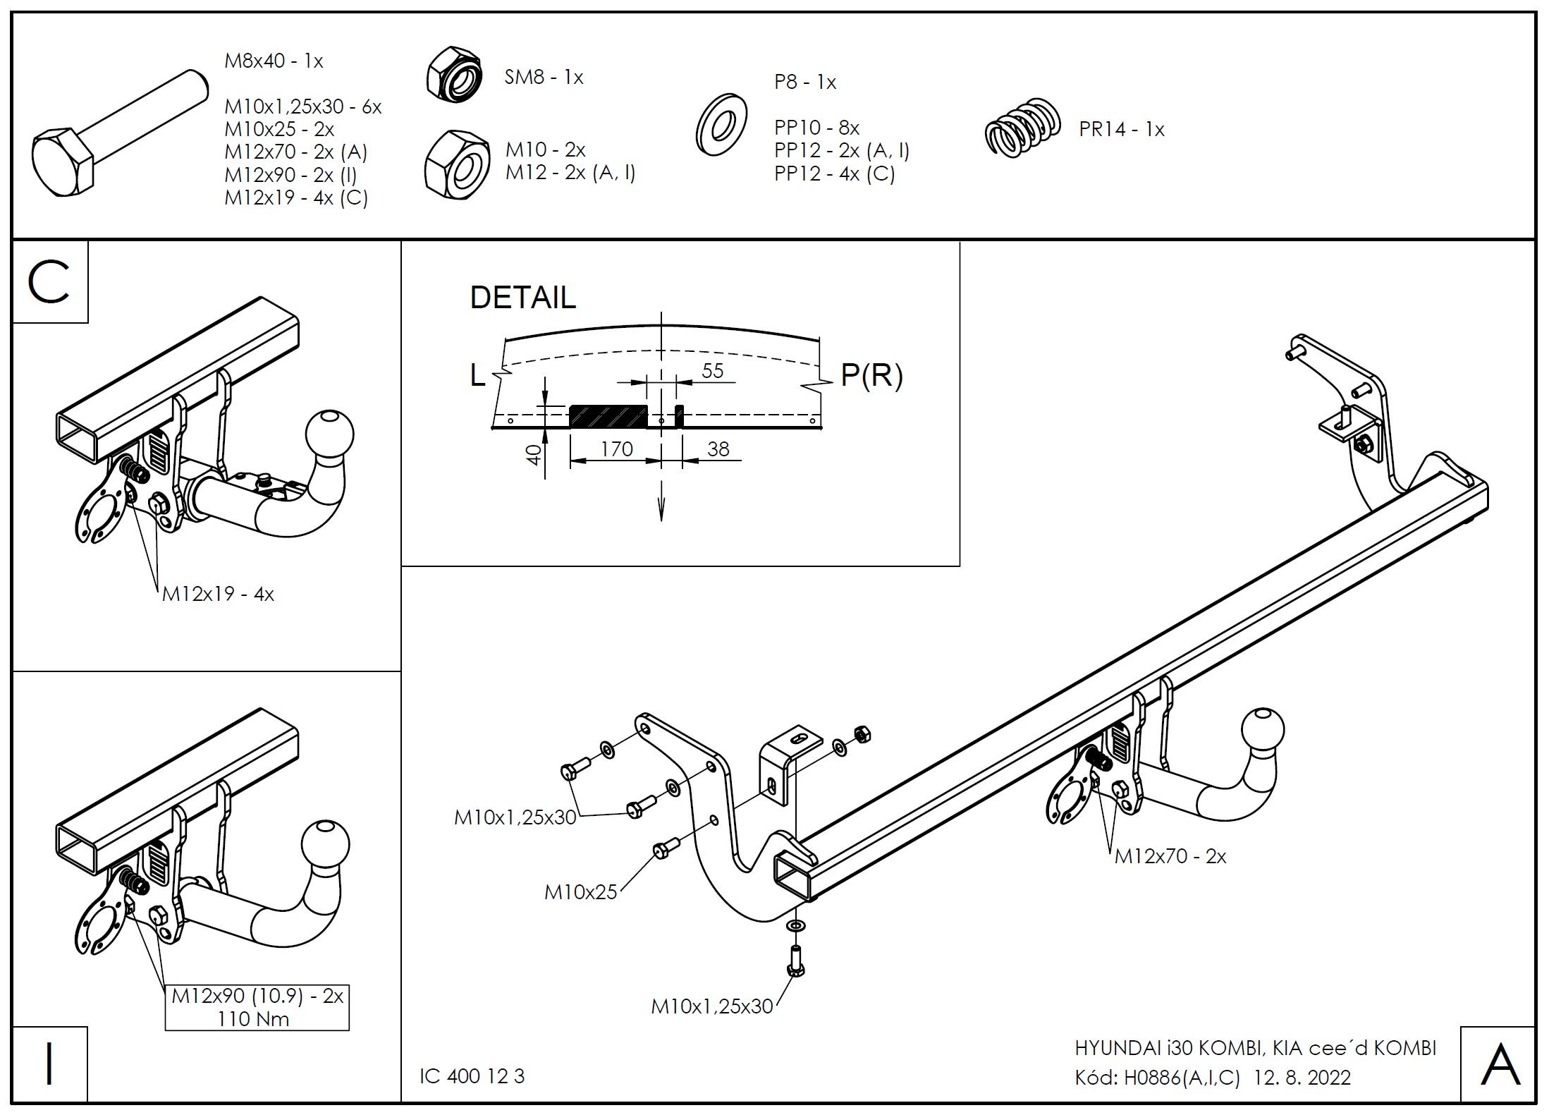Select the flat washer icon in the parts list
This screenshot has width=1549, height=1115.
pos(721,126)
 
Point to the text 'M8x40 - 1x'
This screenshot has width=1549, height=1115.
pos(274,61)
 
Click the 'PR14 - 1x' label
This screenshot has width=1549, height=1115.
pos(1121,130)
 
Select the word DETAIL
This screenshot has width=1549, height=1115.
pos(522,298)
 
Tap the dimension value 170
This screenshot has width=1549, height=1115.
pos(616,449)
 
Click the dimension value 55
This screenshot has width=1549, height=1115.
pos(713,371)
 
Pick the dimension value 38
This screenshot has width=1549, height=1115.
pos(718,449)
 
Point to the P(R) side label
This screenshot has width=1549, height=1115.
pos(871,375)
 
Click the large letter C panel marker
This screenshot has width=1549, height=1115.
pos(49,282)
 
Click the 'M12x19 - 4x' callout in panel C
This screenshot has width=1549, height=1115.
pos(218,595)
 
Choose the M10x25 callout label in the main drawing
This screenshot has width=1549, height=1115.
pos(580,892)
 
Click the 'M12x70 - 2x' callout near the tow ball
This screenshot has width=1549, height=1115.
pos(1170,856)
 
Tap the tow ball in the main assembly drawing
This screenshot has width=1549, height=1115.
pos(1262,733)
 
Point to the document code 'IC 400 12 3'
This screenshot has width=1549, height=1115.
pos(472,1076)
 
